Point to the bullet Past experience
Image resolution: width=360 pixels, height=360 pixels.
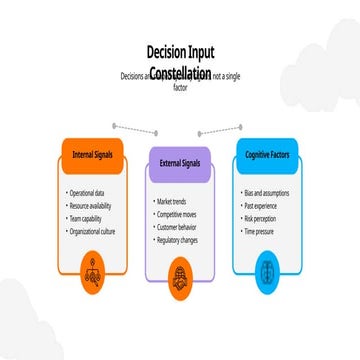point(262,203)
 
